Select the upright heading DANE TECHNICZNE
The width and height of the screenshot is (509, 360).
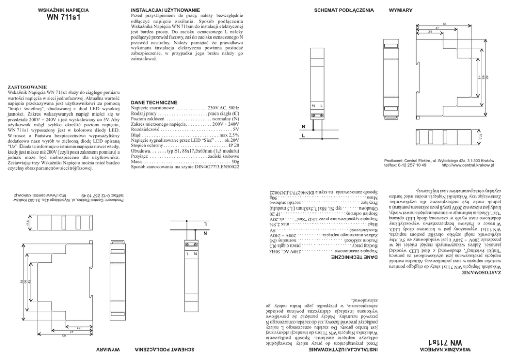(x=154, y=102)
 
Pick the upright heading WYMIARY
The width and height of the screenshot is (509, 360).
(x=401, y=10)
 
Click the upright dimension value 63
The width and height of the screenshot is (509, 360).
(x=444, y=24)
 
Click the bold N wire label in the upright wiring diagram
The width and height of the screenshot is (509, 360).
(x=303, y=126)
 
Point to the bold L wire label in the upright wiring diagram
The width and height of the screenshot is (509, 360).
(x=303, y=137)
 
